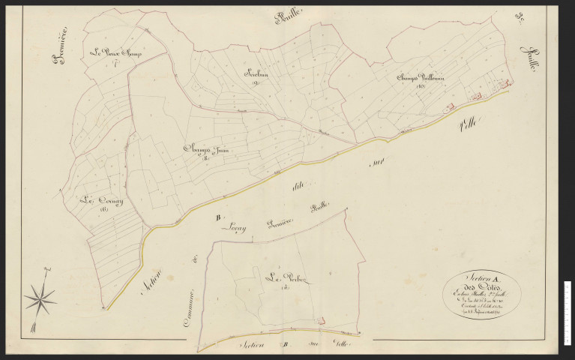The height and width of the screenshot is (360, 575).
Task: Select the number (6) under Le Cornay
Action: (103, 210)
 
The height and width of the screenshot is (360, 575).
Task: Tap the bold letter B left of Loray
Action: (218, 219)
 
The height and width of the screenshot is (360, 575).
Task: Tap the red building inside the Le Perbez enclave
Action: (322, 321)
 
